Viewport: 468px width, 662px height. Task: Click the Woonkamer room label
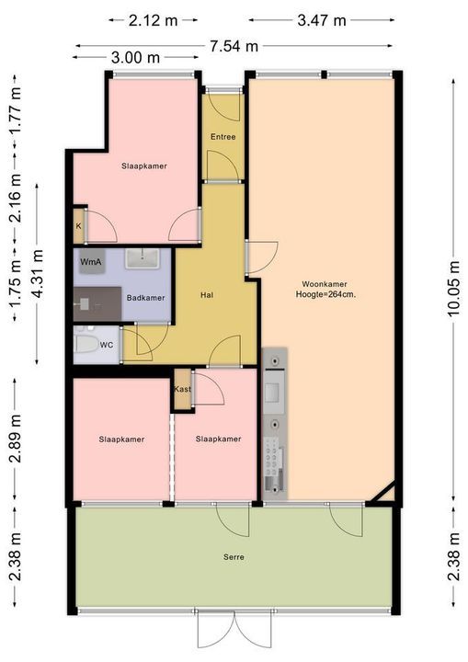pyautogui.click(x=325, y=284)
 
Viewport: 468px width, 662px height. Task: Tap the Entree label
pyautogui.click(x=223, y=137)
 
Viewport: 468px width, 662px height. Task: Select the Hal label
pyautogui.click(x=207, y=295)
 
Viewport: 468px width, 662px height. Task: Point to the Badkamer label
pyautogui.click(x=145, y=298)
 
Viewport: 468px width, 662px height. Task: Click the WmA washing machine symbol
pyautogui.click(x=91, y=262)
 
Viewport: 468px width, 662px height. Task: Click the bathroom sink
pyautogui.click(x=143, y=258)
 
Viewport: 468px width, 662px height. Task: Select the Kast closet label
pyautogui.click(x=182, y=389)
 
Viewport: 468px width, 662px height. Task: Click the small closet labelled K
pyautogui.click(x=78, y=226)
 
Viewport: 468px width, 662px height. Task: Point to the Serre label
pyautogui.click(x=234, y=557)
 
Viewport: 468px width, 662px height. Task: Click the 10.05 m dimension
pyautogui.click(x=453, y=289)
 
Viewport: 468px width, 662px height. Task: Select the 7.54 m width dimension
pyautogui.click(x=234, y=46)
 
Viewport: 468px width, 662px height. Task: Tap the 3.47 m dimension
pyautogui.click(x=322, y=20)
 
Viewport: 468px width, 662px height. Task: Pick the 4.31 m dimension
pyautogui.click(x=37, y=274)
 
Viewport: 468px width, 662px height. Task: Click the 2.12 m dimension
pyautogui.click(x=153, y=20)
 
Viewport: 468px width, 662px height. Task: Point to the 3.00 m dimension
pyautogui.click(x=135, y=57)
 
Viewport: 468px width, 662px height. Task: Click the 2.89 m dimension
pyautogui.click(x=16, y=439)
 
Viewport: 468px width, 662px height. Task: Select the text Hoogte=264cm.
pyautogui.click(x=325, y=295)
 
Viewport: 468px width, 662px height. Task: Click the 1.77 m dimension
pyautogui.click(x=16, y=110)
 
